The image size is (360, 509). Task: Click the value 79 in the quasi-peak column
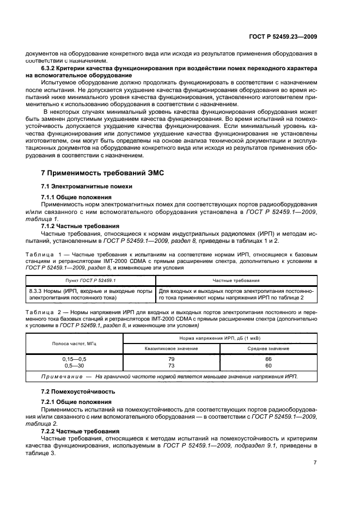pyautogui.click(x=172, y=359)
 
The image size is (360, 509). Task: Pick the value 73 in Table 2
pyautogui.click(x=172, y=366)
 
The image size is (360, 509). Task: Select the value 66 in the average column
pyautogui.click(x=269, y=359)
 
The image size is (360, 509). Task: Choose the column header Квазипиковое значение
pyautogui.click(x=172, y=348)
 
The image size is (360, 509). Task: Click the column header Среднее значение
pyautogui.click(x=269, y=348)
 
